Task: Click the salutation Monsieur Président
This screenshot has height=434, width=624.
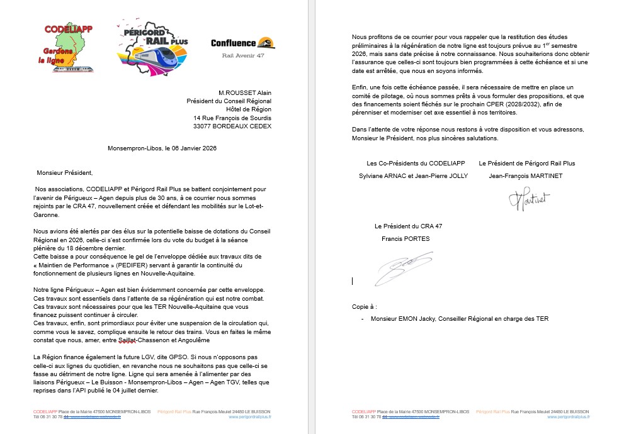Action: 65,172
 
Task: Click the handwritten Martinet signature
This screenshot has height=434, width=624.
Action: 528,199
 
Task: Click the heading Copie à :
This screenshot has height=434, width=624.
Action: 365,306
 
